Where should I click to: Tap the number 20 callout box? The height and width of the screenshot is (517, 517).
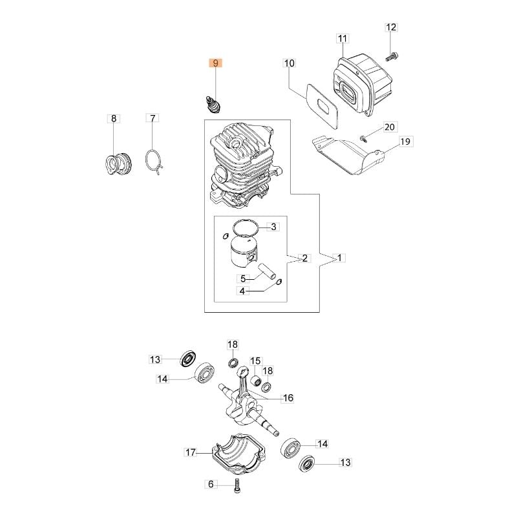389,127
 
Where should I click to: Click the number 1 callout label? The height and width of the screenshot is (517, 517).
341,258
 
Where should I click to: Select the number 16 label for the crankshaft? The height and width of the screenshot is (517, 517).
288,398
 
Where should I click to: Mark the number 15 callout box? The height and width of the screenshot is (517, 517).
255,361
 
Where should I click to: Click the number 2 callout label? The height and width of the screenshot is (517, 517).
305,258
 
